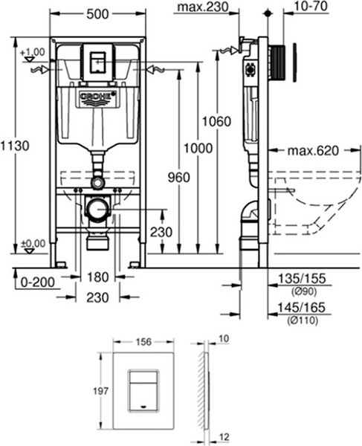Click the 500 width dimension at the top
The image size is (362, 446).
(97, 14)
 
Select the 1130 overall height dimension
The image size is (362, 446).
(15, 146)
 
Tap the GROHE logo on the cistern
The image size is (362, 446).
(98, 96)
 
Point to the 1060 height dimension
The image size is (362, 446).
(217, 122)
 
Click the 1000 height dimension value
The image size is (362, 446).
(198, 148)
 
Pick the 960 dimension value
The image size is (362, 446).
(178, 178)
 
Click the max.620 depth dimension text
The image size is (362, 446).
(313, 150)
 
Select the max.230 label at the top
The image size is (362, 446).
(203, 7)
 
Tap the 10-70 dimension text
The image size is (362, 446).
(311, 6)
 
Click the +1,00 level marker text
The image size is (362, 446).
(33, 52)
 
